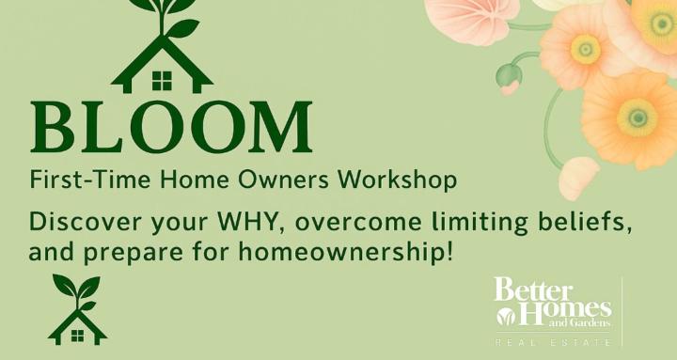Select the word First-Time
coord(74,179)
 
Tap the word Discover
coord(80,224)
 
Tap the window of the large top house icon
coord(163,82)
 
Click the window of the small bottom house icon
coord(77,333)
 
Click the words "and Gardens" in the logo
coord(585,322)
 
